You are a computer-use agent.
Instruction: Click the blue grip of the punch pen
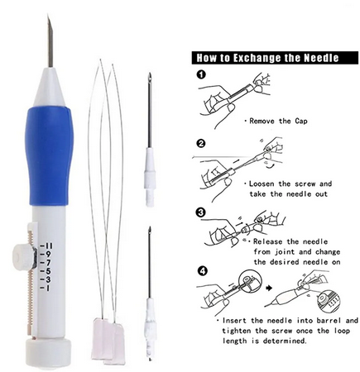click(x=49, y=155)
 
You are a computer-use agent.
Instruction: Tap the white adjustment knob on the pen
click(x=22, y=257)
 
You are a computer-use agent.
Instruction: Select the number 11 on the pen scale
click(x=46, y=246)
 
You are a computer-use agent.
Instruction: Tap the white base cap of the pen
click(x=48, y=354)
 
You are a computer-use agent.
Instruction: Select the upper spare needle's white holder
click(x=150, y=177)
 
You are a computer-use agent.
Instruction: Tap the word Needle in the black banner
click(x=321, y=58)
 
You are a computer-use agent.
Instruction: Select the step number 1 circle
click(x=202, y=74)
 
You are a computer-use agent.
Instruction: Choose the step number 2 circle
click(x=202, y=144)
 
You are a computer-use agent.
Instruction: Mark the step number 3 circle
click(x=202, y=212)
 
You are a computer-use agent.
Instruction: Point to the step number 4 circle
click(x=202, y=271)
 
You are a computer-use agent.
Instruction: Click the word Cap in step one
click(x=301, y=122)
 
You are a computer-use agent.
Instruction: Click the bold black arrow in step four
click(x=269, y=288)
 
